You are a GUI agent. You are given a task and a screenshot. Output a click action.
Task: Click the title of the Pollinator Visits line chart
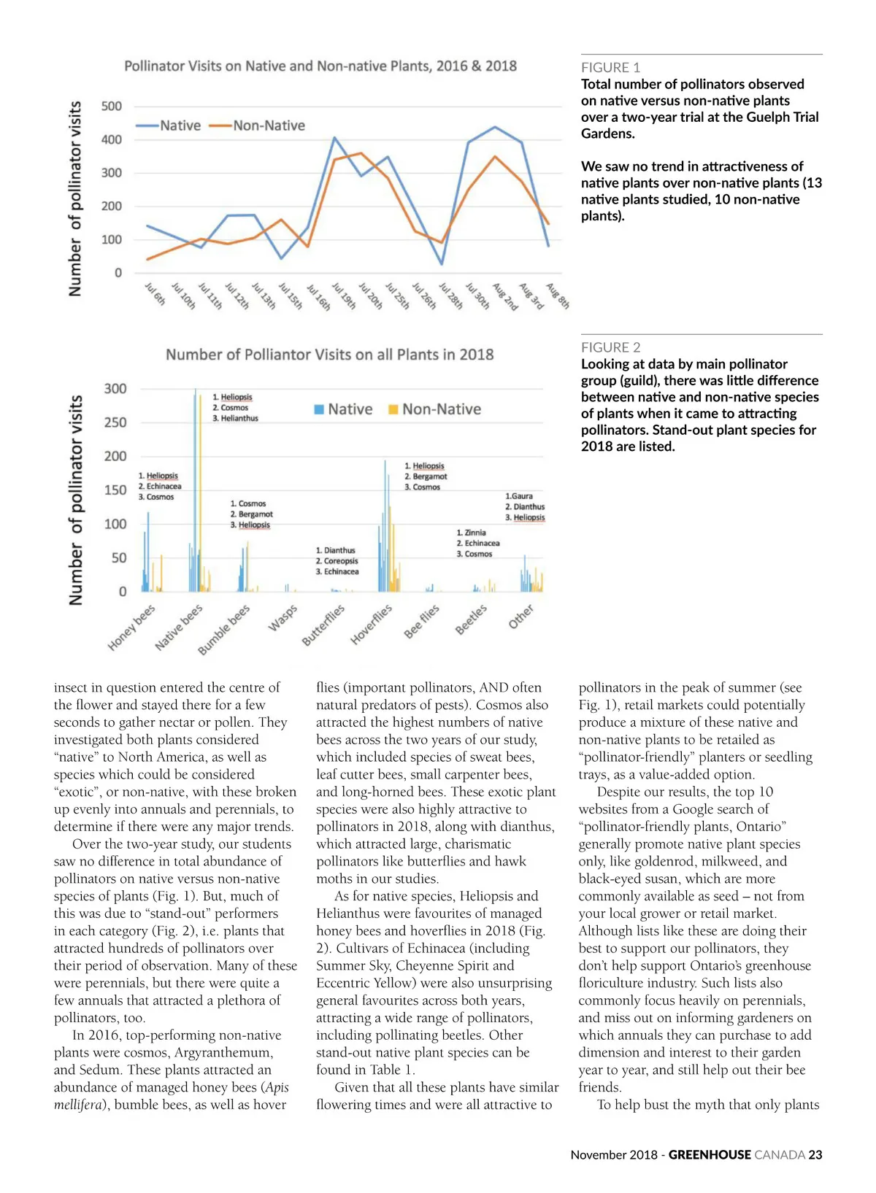[320, 66]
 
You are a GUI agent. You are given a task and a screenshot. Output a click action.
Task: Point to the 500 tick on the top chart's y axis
[111, 107]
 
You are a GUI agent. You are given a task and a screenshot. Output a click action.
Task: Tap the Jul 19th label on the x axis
[344, 297]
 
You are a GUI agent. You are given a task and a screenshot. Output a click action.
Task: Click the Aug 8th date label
[558, 296]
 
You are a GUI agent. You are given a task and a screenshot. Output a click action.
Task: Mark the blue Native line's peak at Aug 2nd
[495, 128]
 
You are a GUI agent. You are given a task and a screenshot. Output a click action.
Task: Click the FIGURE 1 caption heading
[610, 68]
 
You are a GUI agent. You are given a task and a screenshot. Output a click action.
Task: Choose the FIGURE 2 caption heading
[610, 348]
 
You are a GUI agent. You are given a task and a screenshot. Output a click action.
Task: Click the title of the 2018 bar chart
[329, 355]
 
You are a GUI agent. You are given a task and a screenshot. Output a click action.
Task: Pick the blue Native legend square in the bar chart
[319, 409]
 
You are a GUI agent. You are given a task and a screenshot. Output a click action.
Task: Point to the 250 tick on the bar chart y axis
[115, 422]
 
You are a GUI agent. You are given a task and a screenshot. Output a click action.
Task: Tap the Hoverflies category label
[371, 625]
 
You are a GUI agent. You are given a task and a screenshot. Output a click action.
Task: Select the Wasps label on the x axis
[283, 617]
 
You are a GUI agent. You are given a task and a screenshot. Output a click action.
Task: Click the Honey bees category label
[131, 628]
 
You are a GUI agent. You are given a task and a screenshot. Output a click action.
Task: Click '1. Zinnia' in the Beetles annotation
[471, 533]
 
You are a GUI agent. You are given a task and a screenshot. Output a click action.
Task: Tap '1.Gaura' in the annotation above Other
[519, 496]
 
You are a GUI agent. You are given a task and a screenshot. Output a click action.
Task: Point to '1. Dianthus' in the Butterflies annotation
[335, 550]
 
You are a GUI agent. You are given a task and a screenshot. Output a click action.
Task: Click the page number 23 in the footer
[815, 1155]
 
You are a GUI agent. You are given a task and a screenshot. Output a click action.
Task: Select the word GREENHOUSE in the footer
[710, 1155]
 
